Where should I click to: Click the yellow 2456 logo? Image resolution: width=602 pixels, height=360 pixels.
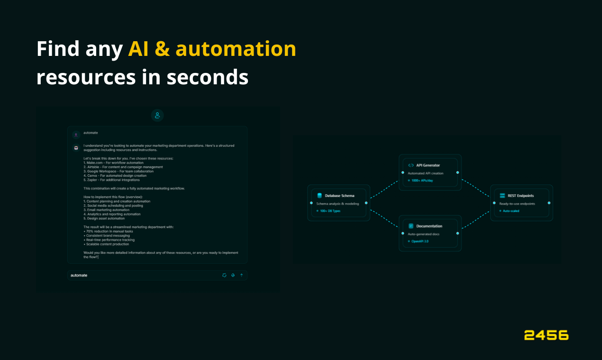click(x=546, y=335)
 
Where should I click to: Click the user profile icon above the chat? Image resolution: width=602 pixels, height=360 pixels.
click(x=157, y=115)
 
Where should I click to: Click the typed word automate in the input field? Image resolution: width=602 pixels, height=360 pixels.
click(x=79, y=275)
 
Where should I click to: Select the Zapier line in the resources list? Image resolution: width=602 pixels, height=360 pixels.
click(x=111, y=180)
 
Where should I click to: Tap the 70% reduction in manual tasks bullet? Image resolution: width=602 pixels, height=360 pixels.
click(x=108, y=231)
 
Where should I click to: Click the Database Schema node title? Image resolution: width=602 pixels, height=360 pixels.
click(x=339, y=196)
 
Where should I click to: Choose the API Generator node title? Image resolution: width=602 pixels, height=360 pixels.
click(x=428, y=165)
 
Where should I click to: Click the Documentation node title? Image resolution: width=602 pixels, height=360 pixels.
click(x=429, y=226)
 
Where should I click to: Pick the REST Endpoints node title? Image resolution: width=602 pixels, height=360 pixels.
click(x=520, y=196)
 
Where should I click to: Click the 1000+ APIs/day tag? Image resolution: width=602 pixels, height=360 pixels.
click(x=421, y=180)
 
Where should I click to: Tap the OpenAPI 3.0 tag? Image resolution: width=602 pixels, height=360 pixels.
click(x=419, y=241)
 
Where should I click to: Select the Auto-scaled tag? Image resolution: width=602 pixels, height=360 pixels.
click(x=511, y=211)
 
